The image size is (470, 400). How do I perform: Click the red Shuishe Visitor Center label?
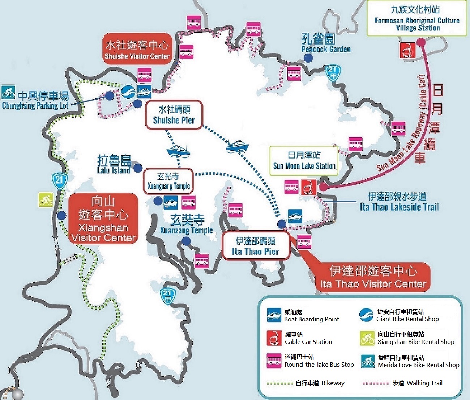click(137, 49)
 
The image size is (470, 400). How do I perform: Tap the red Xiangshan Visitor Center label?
click(103, 218)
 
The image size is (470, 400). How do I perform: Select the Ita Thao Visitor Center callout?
click(373, 277)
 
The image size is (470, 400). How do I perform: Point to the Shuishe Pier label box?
click(174, 115)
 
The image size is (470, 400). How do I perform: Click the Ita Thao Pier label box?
click(256, 246)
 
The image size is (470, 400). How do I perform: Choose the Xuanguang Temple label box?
click(168, 181)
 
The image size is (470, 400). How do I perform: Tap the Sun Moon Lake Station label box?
click(304, 161)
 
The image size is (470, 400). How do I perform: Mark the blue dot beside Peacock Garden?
click(308, 58)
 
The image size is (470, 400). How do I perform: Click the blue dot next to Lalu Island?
click(138, 168)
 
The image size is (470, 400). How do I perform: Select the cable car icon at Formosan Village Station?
click(407, 50)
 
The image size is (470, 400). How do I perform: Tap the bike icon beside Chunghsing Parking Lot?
click(8, 92)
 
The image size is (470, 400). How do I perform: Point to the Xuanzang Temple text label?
click(187, 225)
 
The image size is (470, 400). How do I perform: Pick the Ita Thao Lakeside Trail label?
click(398, 202)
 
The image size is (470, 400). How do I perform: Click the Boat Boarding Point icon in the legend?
click(274, 315)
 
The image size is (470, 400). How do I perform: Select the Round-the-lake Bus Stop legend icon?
click(274, 361)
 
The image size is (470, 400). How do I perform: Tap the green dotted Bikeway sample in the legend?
click(280, 383)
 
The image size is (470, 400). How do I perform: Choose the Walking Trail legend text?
click(417, 383)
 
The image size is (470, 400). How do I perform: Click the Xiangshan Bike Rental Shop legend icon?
click(367, 338)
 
